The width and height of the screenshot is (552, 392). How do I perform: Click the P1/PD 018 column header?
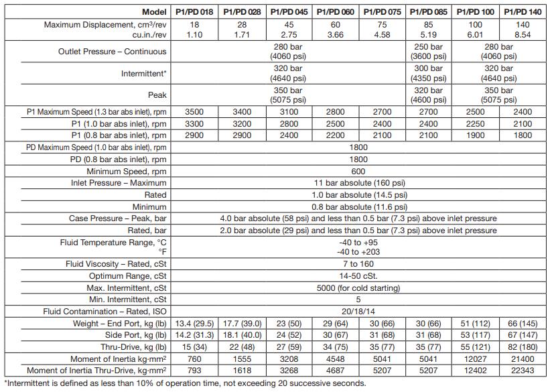click(x=194, y=12)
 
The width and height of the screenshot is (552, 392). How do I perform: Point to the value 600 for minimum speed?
click(x=359, y=171)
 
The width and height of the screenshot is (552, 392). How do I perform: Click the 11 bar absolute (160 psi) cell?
click(x=359, y=183)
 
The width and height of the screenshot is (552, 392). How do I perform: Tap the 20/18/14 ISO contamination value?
click(x=359, y=312)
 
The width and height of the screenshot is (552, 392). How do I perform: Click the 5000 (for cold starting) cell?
click(x=359, y=288)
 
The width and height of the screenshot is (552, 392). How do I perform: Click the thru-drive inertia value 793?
click(x=194, y=371)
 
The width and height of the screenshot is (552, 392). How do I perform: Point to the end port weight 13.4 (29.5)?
click(x=194, y=324)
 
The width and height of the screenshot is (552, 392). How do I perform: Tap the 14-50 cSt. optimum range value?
click(x=359, y=276)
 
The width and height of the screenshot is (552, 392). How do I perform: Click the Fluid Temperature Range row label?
click(x=113, y=242)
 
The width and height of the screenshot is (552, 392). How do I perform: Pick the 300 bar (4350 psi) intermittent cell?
click(x=429, y=73)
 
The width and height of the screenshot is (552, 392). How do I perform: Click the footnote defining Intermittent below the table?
click(x=184, y=383)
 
